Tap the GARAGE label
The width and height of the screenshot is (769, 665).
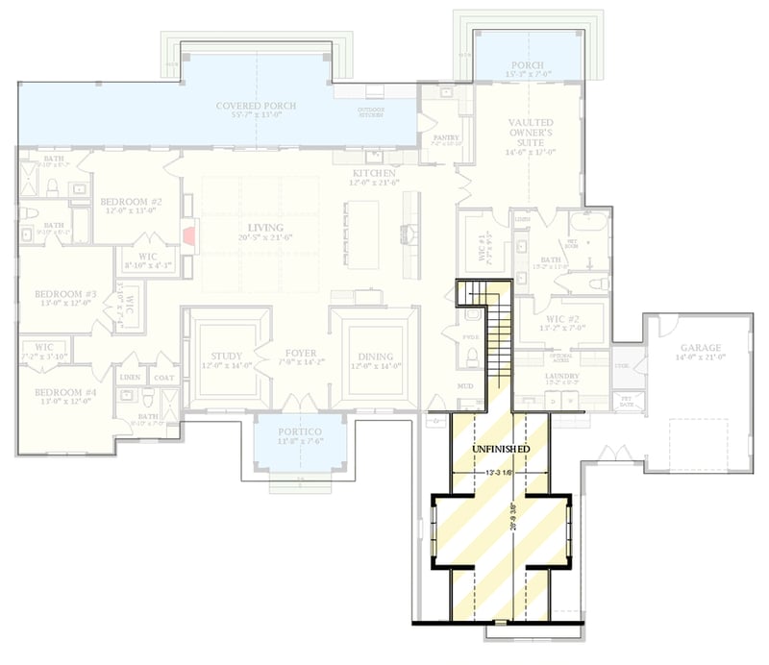pyautogui.click(x=700, y=348)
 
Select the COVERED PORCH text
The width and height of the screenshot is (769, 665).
pyautogui.click(x=256, y=106)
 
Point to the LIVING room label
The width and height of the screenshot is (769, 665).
pyautogui.click(x=258, y=227)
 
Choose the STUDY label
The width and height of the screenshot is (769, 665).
pyautogui.click(x=227, y=357)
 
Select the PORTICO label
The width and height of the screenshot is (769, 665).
pyautogui.click(x=301, y=433)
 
